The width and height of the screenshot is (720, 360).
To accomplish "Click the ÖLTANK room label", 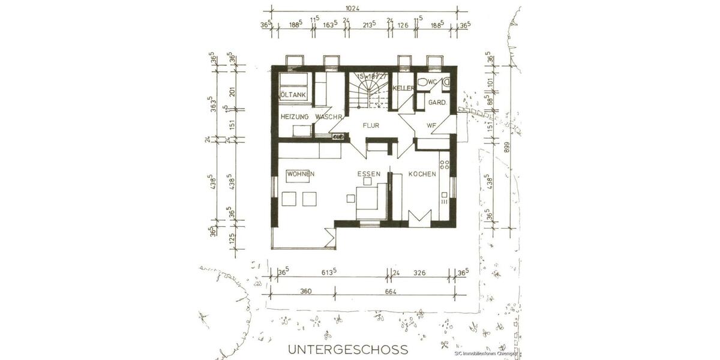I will (292, 95).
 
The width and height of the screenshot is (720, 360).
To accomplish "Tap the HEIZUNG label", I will (294, 116).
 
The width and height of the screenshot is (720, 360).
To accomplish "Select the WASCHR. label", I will (328, 116).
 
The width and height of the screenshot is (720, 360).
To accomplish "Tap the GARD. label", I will (436, 103).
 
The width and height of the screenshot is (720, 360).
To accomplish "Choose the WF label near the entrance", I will (431, 126).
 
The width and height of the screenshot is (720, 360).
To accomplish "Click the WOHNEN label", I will (301, 173).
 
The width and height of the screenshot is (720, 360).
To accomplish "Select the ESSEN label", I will (369, 174).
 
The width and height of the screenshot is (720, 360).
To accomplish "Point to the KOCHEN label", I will (422, 174).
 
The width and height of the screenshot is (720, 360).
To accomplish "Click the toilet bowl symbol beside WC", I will (423, 82).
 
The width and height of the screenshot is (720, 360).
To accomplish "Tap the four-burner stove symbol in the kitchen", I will (444, 163).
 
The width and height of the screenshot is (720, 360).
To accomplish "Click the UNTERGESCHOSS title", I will (348, 349).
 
